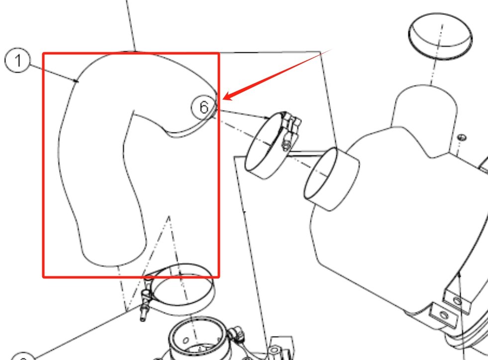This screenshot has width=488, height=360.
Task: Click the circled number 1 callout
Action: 17,61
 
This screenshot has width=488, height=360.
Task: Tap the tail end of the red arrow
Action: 331,50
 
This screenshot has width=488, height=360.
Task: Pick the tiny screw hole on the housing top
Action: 461,137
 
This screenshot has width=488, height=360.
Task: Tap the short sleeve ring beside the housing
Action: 332,178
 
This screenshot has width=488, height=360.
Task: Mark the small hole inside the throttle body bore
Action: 186,342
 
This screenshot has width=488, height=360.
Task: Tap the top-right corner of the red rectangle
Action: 219,53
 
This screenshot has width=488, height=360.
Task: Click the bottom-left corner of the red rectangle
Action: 44,276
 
